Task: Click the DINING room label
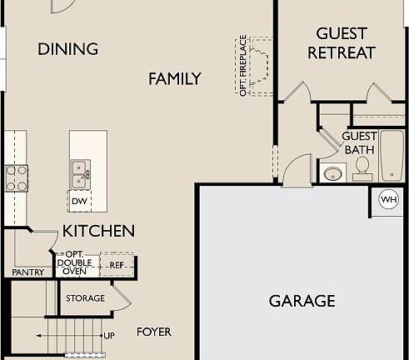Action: click(x=67, y=49)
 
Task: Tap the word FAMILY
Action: click(x=175, y=79)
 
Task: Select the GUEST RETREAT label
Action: click(x=342, y=42)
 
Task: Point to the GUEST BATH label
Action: click(x=359, y=142)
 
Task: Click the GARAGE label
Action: click(x=302, y=301)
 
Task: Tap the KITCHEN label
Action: click(x=98, y=231)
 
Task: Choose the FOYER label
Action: click(x=154, y=332)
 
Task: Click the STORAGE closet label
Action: click(x=86, y=297)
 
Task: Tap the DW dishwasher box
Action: click(x=80, y=202)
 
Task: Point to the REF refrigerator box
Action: click(x=117, y=265)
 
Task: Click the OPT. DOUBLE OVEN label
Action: click(x=75, y=263)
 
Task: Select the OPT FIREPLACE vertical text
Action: click(x=243, y=65)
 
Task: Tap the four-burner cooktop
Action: click(x=17, y=177)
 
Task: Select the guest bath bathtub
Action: click(x=392, y=156)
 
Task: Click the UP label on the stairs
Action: click(x=109, y=336)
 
